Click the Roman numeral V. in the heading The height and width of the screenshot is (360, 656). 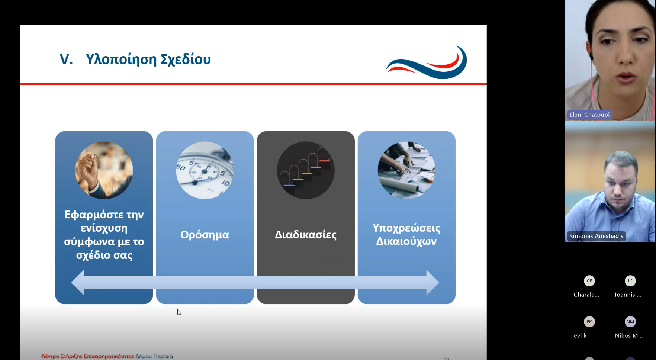67,60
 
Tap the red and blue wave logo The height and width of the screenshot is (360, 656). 427,62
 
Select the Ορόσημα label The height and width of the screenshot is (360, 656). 205,235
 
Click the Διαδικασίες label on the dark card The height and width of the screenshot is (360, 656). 306,235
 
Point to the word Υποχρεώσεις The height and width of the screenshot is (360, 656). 406,228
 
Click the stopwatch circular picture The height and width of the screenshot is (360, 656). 205,170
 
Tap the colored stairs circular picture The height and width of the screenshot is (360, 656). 306,170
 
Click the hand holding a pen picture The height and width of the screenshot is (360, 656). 104,170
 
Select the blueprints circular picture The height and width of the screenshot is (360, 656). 406,170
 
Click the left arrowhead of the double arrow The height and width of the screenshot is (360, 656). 78,283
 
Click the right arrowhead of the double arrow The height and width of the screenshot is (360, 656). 433,283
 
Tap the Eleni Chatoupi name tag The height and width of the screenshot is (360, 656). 589,115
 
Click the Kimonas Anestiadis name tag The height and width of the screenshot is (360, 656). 596,236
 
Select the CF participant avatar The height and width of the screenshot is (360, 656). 589,281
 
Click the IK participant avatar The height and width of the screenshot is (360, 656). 630,281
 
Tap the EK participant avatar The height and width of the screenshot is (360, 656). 589,322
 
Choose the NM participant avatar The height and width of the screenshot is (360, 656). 630,322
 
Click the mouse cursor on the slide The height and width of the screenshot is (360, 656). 179,312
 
